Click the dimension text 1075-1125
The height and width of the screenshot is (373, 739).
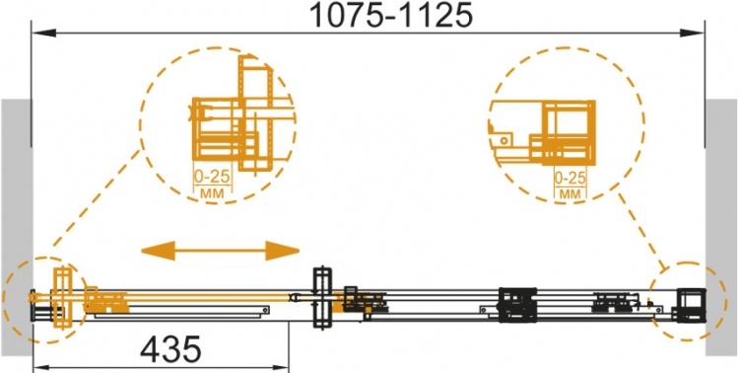(391, 16)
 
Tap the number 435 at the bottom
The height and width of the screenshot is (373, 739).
(170, 350)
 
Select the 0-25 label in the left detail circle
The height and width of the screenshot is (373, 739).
(212, 177)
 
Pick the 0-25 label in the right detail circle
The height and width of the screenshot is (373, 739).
(570, 178)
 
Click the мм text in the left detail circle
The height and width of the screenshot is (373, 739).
(212, 192)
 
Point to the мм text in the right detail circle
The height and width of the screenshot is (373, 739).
(570, 193)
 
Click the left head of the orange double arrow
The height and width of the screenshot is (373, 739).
(159, 251)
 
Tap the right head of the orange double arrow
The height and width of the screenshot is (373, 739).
(283, 251)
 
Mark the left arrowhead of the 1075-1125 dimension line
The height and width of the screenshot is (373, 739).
(43, 33)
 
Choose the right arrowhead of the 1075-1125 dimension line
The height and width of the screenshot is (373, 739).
(693, 33)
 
